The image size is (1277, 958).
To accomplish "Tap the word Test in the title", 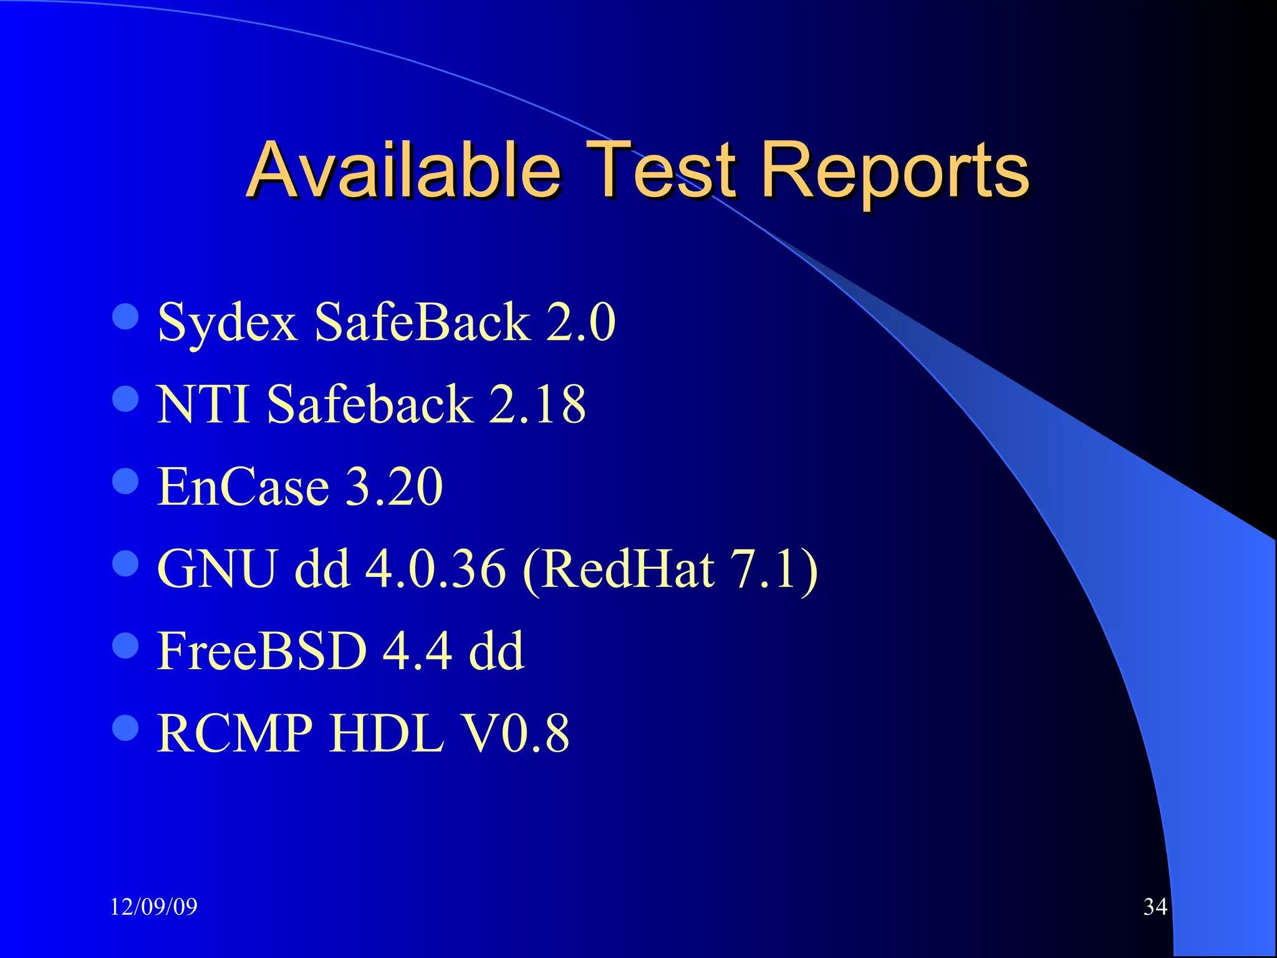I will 663,170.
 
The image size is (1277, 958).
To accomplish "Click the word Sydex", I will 228,323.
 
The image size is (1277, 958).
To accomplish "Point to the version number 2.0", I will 580,322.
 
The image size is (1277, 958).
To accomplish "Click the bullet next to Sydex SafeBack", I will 126,317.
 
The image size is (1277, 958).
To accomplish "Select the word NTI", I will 203,404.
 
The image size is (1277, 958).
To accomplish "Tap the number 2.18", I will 537,404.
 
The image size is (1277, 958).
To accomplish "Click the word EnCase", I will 243,486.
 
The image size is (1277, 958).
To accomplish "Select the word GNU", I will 216,569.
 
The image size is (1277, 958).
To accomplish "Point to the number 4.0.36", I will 435,569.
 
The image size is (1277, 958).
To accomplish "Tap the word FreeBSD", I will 262,651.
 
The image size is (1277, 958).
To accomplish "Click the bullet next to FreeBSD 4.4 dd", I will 126,646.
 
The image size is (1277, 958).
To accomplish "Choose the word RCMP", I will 234,733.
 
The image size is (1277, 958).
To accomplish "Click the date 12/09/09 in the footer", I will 153,907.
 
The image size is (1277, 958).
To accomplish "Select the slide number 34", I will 1155,907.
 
